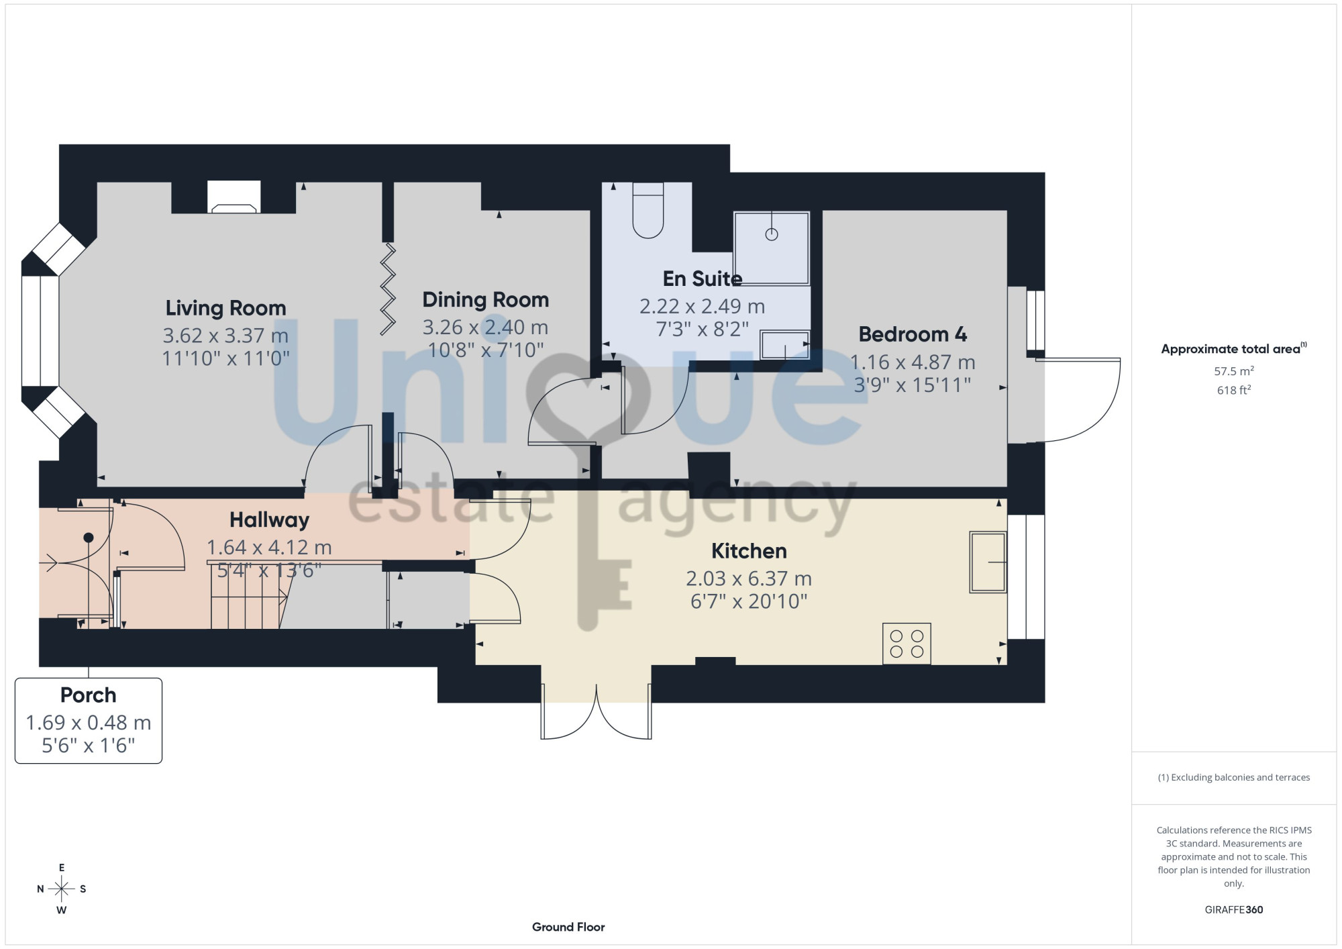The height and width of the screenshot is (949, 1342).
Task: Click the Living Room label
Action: pos(226,308)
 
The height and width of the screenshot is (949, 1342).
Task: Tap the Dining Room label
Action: pos(486,300)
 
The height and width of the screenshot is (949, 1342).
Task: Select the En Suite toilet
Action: pos(648,210)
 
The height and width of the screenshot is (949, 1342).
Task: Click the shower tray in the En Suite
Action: pos(772,248)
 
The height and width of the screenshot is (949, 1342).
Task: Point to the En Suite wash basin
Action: pos(784,344)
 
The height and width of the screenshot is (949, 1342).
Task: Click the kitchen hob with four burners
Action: pos(907,644)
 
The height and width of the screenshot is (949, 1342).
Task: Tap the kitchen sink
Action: pos(988,562)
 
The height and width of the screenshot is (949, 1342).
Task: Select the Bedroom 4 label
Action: pos(913,334)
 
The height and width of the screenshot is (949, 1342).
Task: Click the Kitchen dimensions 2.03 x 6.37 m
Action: pos(749,579)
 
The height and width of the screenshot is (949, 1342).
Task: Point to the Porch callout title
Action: pos(89,695)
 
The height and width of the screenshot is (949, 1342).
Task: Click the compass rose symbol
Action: pos(62,889)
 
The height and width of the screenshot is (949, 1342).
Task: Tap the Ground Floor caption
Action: pos(568,927)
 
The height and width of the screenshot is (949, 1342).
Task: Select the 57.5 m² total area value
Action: pos(1234,370)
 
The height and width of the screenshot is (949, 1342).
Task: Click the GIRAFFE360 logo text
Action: pos(1234,910)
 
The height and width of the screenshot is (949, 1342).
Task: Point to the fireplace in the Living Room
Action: pos(234,197)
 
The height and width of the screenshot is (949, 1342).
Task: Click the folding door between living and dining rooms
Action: pos(388,289)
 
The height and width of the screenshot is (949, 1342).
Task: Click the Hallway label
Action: pos(270,520)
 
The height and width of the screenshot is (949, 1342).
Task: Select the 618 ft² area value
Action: pos(1234,390)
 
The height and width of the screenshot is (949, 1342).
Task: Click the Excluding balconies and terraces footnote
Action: pos(1234,777)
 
